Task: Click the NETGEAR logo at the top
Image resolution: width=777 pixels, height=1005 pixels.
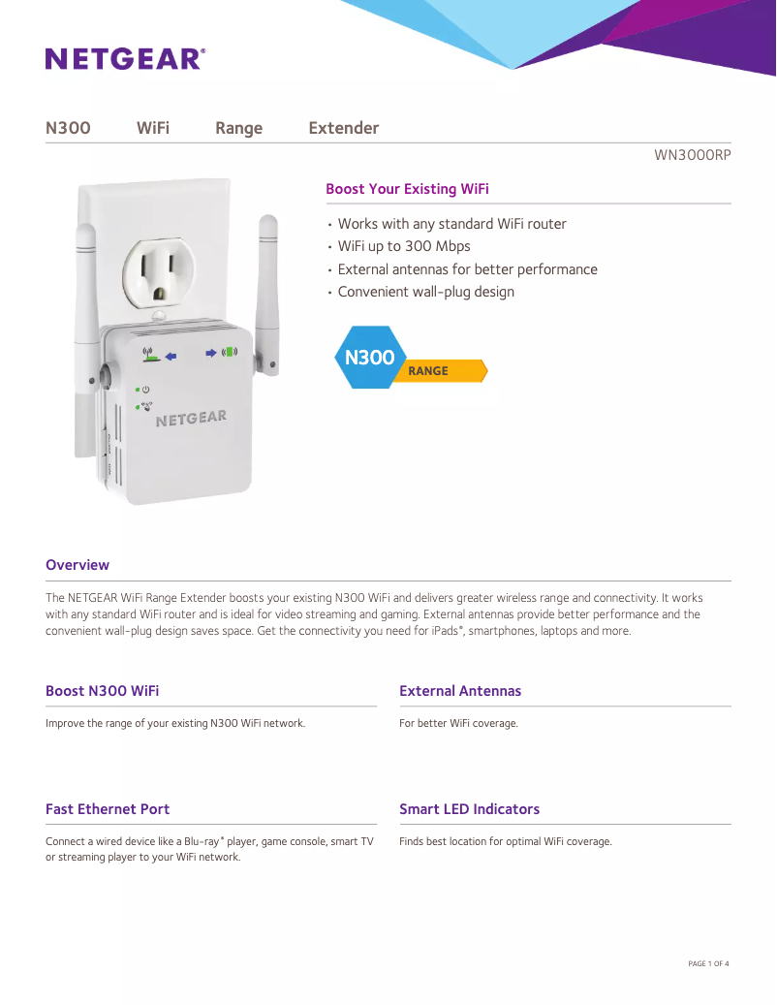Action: pos(125,59)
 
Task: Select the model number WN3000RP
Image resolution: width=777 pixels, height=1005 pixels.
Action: pos(693,154)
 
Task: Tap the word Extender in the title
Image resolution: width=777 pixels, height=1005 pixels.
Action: pos(343,128)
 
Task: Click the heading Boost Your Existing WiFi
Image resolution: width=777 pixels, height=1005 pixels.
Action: pos(407,188)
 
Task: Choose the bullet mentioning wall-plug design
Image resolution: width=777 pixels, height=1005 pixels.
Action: pos(425,292)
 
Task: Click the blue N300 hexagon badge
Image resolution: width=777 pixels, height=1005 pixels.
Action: pos(368,358)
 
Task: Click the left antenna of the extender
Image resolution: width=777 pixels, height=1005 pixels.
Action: pos(85,291)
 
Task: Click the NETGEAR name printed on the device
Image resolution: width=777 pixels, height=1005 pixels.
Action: pos(191,419)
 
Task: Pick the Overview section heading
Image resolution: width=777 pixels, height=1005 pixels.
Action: pos(78,565)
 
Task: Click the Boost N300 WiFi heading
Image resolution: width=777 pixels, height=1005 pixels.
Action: pos(102,691)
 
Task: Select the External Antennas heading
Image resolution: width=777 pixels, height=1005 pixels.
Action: pos(460,691)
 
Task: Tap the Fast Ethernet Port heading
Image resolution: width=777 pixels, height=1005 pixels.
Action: pos(108,809)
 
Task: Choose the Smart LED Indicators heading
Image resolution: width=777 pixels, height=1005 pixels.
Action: pos(469,809)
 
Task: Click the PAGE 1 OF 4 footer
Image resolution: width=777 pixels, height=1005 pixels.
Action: pos(707,963)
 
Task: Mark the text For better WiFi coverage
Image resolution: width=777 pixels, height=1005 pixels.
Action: pos(458,723)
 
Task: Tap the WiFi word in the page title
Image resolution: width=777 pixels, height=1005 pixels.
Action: pos(153,128)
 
